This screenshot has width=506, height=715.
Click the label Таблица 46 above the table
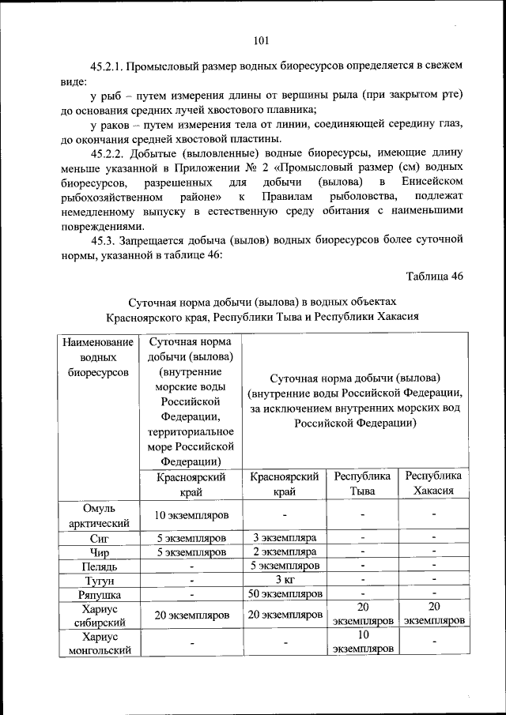[x=434, y=276]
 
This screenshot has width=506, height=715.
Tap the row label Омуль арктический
[x=99, y=515]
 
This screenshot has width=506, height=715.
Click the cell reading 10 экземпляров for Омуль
[x=191, y=515]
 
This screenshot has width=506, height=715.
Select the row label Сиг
[x=99, y=537]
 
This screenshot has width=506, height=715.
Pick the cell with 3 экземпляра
[x=285, y=537]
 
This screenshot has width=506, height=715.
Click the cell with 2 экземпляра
[x=285, y=551]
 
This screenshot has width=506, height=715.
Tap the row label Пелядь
[x=99, y=566]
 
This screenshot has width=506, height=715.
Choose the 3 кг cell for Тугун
[x=285, y=580]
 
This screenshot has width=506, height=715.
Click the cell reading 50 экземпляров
[x=285, y=593]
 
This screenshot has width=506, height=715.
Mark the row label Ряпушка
[x=99, y=594]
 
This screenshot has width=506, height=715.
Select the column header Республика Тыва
[x=363, y=484]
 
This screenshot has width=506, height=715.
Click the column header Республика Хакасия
[x=433, y=484]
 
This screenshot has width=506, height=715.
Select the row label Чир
[x=99, y=551]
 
